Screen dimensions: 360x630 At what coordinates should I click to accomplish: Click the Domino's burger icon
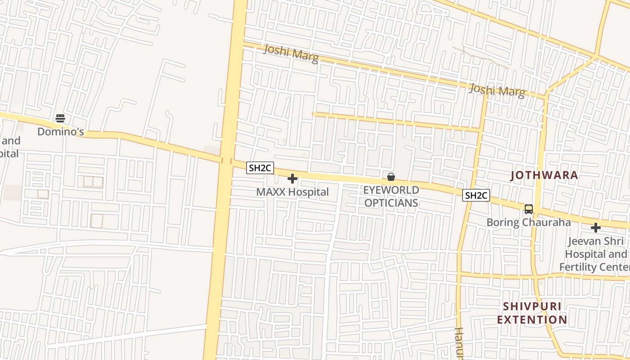(x=60, y=118)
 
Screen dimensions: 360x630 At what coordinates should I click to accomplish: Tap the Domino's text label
(x=60, y=132)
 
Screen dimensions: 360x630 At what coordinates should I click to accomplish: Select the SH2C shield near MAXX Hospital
(x=260, y=168)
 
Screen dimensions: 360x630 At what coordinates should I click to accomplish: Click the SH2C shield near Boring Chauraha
(x=476, y=195)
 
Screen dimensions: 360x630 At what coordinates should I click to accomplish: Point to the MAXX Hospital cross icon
(x=292, y=179)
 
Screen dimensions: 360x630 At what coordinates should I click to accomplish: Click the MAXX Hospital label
(x=292, y=192)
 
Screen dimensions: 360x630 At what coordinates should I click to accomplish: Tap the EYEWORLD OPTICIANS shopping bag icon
(x=391, y=177)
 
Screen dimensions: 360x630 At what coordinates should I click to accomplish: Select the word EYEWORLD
(x=391, y=190)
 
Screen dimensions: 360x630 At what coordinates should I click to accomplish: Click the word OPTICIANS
(x=391, y=203)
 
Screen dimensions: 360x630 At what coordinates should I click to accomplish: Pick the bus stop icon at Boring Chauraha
(x=528, y=209)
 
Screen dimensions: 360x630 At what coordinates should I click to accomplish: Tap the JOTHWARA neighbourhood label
(x=544, y=175)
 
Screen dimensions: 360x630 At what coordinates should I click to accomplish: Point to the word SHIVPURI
(x=532, y=306)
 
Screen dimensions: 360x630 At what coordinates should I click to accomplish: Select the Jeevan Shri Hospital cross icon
(x=596, y=228)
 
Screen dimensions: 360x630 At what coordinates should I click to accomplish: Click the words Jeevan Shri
(x=595, y=241)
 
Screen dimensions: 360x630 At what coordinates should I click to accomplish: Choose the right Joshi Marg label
(x=497, y=90)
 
